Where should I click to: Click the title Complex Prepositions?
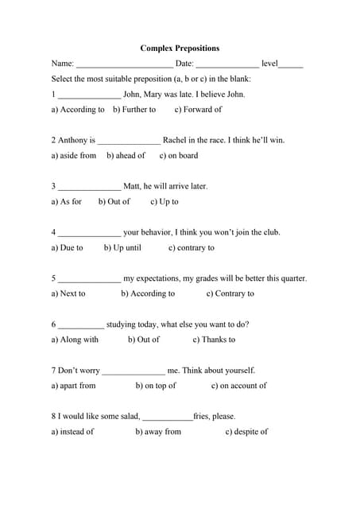tap(180, 48)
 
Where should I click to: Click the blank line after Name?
tap(124, 64)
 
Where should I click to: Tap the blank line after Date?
tap(227, 64)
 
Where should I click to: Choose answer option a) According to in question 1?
tap(78, 110)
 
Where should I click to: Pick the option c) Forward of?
tap(199, 110)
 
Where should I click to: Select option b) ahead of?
tap(126, 156)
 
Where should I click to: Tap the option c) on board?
tap(179, 156)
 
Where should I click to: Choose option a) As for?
tap(67, 202)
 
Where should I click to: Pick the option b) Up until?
tap(122, 248)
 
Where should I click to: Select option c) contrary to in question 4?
tap(192, 248)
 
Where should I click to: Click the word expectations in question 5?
tap(152, 278)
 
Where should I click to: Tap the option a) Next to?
tap(68, 293)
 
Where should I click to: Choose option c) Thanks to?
tap(214, 340)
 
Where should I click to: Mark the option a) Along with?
tap(75, 340)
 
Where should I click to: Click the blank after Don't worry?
tap(134, 371)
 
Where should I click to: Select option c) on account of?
tap(239, 386)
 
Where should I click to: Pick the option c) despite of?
tap(246, 432)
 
